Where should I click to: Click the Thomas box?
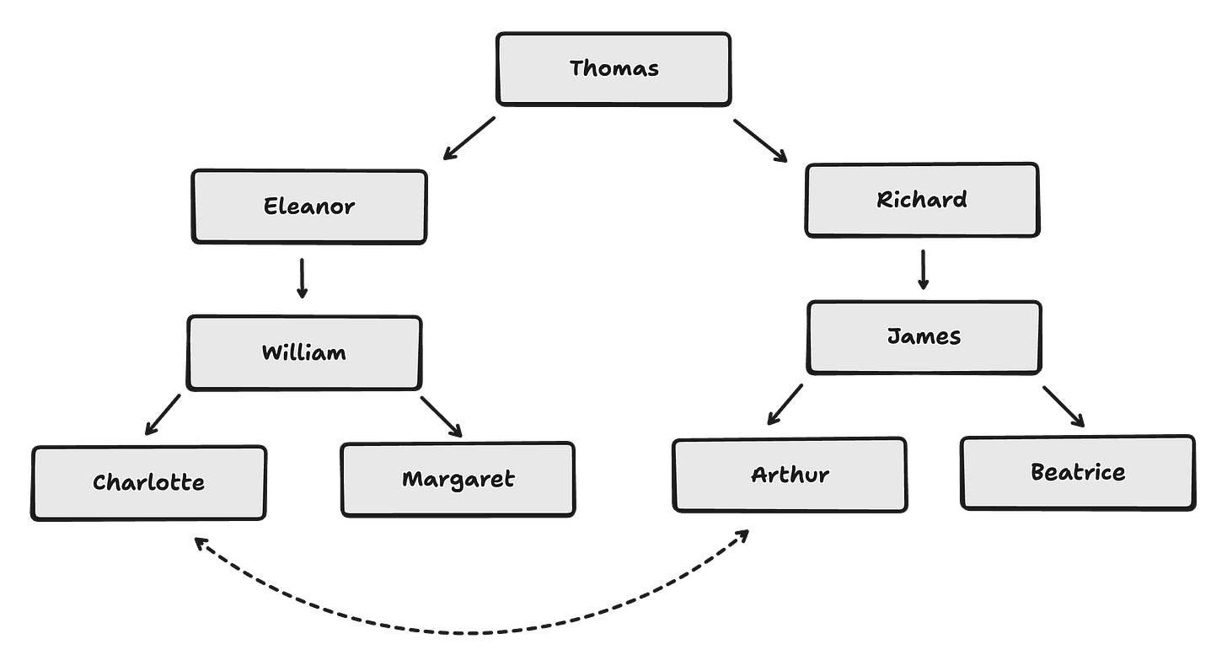point(613,69)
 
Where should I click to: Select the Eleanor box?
point(309,207)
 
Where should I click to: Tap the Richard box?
point(922,200)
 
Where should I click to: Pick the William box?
point(303,352)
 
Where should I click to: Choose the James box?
point(924,337)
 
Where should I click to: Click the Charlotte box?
point(149,483)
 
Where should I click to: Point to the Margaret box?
point(458,479)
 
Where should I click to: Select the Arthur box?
point(790,475)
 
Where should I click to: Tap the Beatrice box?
point(1078,472)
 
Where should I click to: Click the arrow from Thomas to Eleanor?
point(469,137)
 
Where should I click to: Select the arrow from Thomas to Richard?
point(760,140)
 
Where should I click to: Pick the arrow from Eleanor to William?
point(302,278)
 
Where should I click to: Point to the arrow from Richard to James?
point(923,269)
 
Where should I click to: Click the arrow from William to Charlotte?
point(163,414)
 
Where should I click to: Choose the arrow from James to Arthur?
point(785,404)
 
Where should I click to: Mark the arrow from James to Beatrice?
point(1063,406)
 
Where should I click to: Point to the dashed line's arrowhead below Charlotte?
point(199,541)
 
